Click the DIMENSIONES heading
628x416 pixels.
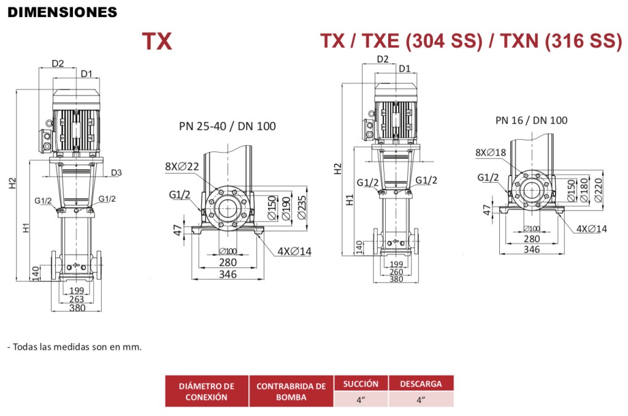click(x=62, y=12)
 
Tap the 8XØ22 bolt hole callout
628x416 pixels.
click(x=182, y=166)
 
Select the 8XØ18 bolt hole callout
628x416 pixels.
click(x=491, y=152)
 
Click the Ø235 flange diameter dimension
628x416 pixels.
click(x=302, y=207)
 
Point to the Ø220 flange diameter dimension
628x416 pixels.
click(x=599, y=190)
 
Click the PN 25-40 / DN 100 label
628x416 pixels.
click(x=228, y=126)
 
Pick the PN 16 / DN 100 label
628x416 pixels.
click(x=532, y=120)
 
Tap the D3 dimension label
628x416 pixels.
click(x=116, y=173)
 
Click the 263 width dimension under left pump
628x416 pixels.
click(x=76, y=299)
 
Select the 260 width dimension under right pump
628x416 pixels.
click(x=396, y=272)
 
